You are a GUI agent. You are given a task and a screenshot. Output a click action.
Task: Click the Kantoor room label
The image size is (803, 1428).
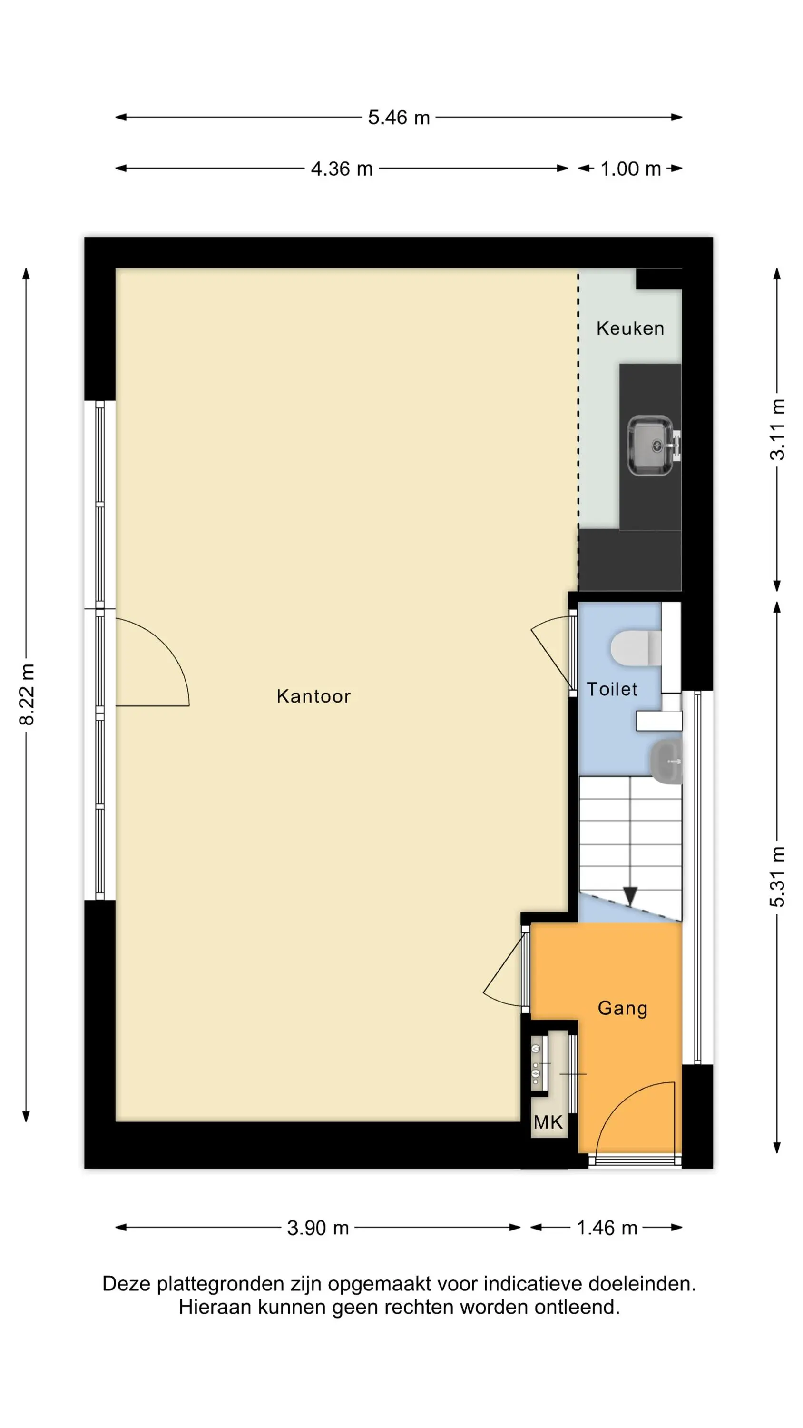[x=313, y=696]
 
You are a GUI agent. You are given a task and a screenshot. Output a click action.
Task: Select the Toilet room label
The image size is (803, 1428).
[x=612, y=689]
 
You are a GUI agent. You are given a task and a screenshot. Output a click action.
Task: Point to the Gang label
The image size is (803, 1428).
[x=622, y=1008]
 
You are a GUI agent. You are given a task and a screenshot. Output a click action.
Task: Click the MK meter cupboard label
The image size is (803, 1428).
[x=548, y=1122]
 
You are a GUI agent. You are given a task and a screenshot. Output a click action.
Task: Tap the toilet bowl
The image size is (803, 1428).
[x=636, y=647]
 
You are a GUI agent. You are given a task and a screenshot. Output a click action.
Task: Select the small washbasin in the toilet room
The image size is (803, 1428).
[x=666, y=762]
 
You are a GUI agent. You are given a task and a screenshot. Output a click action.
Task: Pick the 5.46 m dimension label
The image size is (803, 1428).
[x=399, y=118]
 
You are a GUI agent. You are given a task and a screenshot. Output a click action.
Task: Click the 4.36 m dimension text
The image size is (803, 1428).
[x=342, y=169]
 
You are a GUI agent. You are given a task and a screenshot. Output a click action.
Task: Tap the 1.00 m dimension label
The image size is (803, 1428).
[x=631, y=169]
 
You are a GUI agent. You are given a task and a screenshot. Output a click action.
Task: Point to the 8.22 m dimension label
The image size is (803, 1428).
[x=27, y=694]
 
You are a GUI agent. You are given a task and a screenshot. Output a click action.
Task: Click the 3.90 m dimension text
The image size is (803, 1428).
[x=318, y=1228]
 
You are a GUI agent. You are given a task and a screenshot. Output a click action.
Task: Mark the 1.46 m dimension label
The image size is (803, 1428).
[x=607, y=1228]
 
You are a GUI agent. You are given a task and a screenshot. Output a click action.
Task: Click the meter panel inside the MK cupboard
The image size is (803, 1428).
[x=537, y=1064]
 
